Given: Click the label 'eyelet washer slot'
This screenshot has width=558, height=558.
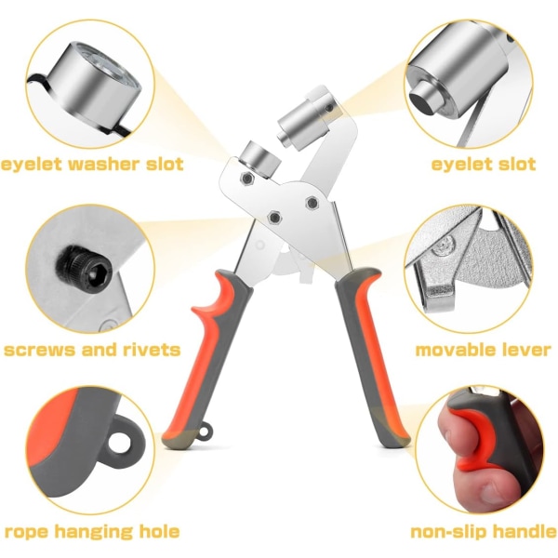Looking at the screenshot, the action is [92, 164].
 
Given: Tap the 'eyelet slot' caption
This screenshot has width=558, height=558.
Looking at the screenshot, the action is [484, 164].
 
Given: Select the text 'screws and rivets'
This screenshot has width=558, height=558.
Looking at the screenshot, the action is [92, 350].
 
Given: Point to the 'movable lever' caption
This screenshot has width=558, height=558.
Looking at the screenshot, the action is [484, 350].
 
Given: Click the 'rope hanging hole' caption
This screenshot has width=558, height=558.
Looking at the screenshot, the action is [92, 532].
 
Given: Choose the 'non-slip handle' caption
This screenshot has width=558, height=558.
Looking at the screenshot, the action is [484, 532].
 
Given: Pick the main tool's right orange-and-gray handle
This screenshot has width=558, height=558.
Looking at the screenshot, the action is [372, 356].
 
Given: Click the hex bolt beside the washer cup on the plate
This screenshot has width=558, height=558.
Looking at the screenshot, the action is [246, 178].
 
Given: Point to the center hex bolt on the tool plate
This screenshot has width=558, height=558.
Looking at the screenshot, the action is [274, 217].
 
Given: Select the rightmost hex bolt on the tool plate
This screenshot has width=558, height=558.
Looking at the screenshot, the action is [312, 203].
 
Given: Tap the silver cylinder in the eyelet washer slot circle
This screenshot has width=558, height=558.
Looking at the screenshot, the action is [93, 89].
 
